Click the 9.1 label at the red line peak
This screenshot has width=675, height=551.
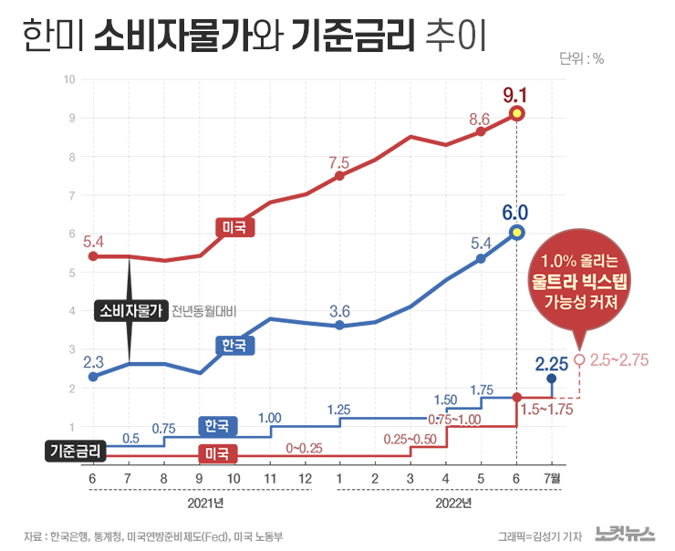[x=516, y=94]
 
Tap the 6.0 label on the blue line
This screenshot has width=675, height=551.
[x=515, y=213]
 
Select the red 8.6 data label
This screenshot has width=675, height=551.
[x=480, y=119]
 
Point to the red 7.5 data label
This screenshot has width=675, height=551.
[x=339, y=163]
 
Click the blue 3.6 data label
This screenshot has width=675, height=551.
[x=340, y=310]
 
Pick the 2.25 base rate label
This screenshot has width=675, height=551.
[x=552, y=362]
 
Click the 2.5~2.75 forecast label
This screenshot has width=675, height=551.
[x=620, y=360]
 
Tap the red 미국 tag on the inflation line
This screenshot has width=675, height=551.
[x=234, y=227]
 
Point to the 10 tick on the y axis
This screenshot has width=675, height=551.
[x=69, y=79]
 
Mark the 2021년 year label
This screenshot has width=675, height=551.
[x=201, y=503]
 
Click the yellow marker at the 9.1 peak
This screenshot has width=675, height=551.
[x=517, y=114]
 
